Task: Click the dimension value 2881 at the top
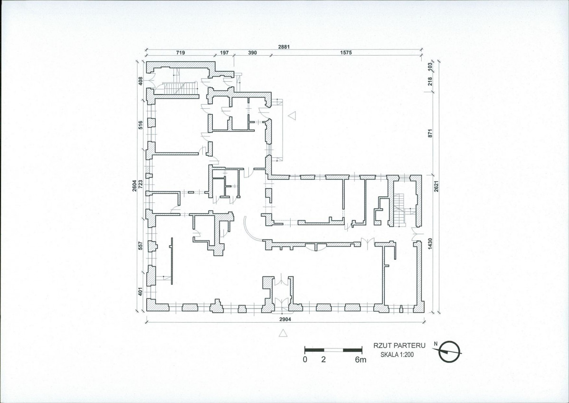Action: pos(284,47)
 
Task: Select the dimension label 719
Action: pos(180,53)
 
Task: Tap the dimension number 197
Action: pos(224,53)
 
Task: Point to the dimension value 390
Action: pos(252,53)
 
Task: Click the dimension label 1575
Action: pos(346,53)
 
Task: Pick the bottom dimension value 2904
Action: pos(284,319)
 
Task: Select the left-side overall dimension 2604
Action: pos(134,186)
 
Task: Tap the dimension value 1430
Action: pos(430,244)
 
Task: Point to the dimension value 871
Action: pos(430,133)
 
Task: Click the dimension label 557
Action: pos(141,246)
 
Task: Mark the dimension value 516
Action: pos(141,125)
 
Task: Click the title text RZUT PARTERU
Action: pos(399,346)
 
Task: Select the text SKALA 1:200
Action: pos(397,355)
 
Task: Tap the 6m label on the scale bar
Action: pos(360,360)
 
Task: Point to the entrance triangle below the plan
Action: pos(283,333)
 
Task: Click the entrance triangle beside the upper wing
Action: pos(292,115)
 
